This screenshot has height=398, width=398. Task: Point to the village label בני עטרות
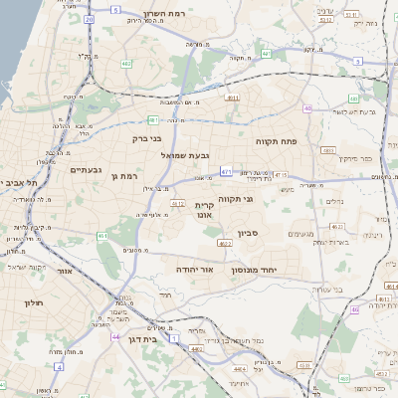331,289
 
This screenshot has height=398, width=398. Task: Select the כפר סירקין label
354,158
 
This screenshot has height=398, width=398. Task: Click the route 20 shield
89,19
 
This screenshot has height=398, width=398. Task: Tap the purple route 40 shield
308,108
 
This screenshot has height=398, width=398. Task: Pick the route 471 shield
227,171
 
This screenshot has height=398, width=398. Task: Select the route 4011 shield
232,99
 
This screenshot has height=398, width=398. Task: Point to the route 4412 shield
178,203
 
